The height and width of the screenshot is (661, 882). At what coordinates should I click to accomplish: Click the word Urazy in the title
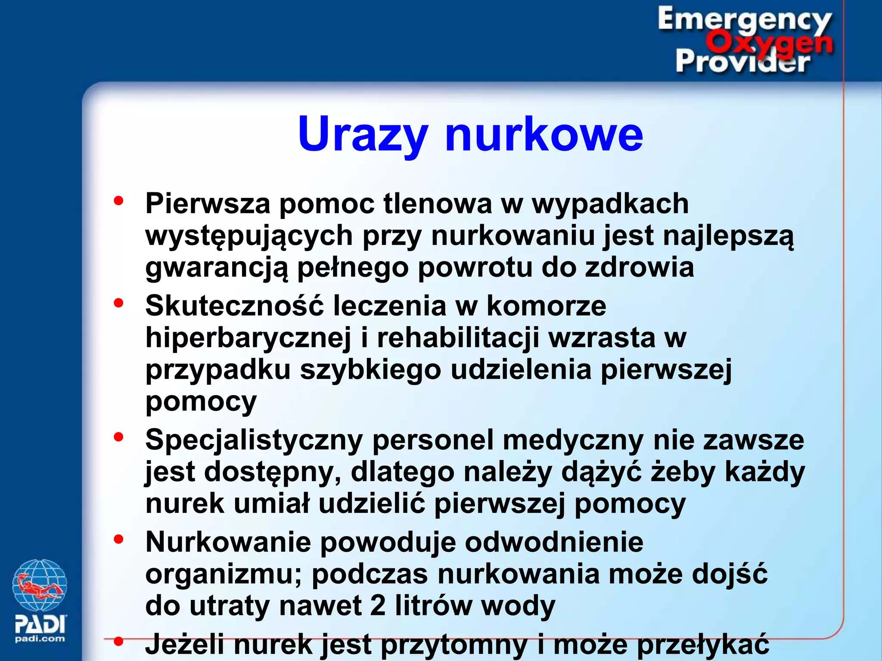pos(363,134)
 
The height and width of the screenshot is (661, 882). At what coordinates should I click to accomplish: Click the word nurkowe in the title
pos(544,134)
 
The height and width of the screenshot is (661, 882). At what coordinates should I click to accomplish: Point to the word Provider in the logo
pos(742,62)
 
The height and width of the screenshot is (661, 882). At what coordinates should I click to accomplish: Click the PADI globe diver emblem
pos(40,585)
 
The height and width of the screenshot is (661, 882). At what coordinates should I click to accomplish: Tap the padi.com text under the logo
pos(40,639)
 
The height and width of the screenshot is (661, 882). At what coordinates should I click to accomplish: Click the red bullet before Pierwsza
pos(118,201)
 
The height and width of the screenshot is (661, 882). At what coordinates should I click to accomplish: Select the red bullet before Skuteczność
pos(118,303)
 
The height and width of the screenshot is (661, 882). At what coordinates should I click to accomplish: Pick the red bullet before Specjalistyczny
pos(118,437)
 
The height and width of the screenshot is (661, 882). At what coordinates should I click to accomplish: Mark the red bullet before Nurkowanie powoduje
pos(118,539)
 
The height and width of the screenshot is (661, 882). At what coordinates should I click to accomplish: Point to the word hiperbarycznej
pos(248,338)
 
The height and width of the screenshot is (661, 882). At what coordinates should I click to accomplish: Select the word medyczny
pos(573,441)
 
